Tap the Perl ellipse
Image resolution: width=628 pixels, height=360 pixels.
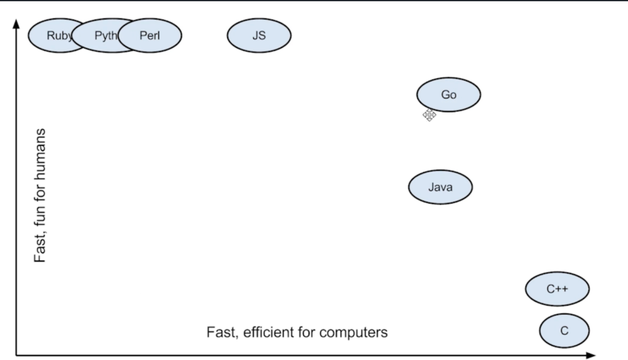tap(151, 35)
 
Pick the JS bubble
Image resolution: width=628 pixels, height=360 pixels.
tap(259, 35)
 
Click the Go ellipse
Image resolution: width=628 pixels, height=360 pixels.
tap(448, 95)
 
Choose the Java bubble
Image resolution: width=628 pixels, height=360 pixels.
tap(440, 187)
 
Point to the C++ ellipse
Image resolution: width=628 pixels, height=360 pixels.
tap(557, 289)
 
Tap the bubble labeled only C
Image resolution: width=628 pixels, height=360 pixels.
tap(564, 330)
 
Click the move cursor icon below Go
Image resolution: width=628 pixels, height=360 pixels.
tap(429, 115)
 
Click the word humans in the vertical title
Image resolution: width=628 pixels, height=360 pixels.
tap(41, 151)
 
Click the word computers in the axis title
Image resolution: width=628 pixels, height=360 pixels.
tap(354, 332)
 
